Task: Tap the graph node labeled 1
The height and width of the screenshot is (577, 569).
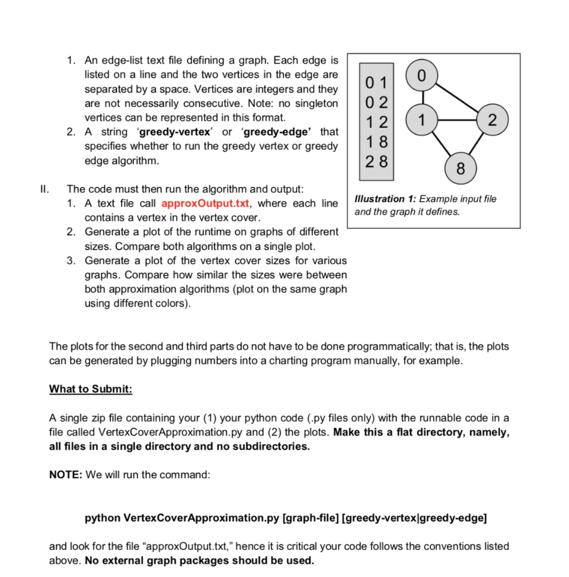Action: tap(418, 119)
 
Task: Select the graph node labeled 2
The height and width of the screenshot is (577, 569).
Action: tap(492, 120)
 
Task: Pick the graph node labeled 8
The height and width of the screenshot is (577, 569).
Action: tap(461, 168)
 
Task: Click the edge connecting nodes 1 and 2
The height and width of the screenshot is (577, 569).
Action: tap(454, 120)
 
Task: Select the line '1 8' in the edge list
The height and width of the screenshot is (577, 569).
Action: tap(376, 140)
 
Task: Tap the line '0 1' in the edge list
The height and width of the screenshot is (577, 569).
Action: tap(376, 83)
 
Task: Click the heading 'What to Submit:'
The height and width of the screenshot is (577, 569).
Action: tap(90, 389)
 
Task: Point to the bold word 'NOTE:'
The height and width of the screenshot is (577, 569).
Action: tap(67, 474)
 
